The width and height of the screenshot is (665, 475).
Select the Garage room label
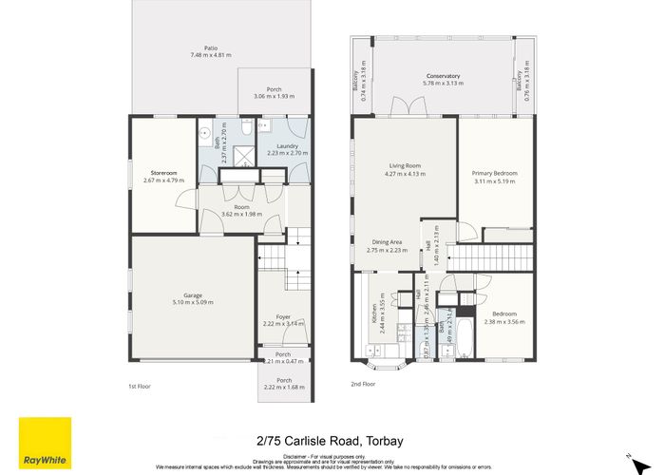pos(192,294)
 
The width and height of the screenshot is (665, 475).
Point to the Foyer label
pos(283,316)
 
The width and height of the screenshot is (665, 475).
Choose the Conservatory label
pos(442,76)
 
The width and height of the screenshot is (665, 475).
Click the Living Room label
pos(404,167)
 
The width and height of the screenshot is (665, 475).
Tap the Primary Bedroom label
pos(495,173)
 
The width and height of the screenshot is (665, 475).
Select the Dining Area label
pos(386,242)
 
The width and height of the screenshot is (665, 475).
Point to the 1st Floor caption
pos(140,386)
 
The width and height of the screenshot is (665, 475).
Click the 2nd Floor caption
pos(363,385)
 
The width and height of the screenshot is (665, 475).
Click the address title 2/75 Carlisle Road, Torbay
pos(332,441)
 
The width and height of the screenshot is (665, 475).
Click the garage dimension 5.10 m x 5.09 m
pos(192,302)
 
